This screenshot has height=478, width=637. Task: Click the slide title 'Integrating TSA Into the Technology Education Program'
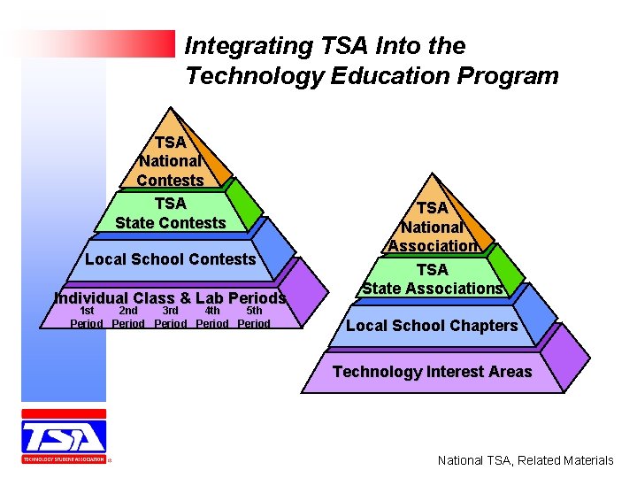(x=372, y=60)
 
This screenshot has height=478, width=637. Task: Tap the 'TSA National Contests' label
(x=170, y=161)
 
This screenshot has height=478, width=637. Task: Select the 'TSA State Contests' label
(x=170, y=213)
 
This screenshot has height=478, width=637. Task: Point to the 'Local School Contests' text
(x=170, y=259)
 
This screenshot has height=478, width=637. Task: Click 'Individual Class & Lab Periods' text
(x=170, y=298)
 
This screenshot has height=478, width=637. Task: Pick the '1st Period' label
(x=87, y=317)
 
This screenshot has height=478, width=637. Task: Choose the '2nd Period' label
(x=128, y=317)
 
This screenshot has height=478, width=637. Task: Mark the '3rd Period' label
(x=170, y=317)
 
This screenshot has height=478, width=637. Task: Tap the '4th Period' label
(x=212, y=317)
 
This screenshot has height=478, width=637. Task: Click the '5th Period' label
(x=254, y=317)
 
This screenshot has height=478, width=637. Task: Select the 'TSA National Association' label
(x=433, y=227)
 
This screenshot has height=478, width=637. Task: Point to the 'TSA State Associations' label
(x=433, y=279)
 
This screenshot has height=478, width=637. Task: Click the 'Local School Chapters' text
(x=432, y=326)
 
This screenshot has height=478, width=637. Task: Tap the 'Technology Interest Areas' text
(x=433, y=372)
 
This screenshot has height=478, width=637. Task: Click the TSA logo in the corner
(x=64, y=436)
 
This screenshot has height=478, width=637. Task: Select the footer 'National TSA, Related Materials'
(x=526, y=460)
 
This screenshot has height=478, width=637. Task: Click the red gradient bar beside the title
(x=97, y=43)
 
